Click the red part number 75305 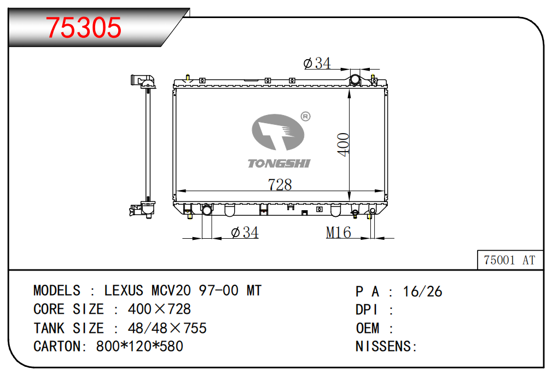click(x=84, y=27)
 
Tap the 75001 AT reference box click(x=510, y=260)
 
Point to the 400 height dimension click(x=344, y=144)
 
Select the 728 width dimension click(x=280, y=185)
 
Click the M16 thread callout click(x=339, y=233)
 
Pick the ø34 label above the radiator click(x=317, y=64)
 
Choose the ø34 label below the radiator click(x=245, y=233)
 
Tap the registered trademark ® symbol click(x=305, y=117)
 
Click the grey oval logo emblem click(x=278, y=132)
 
